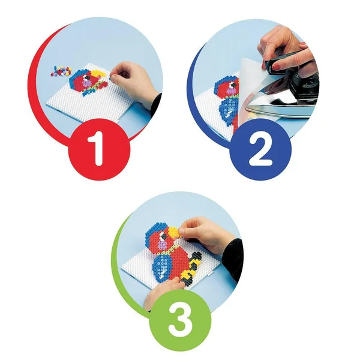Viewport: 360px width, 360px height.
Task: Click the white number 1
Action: pos(97,149)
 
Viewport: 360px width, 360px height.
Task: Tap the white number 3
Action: pos(180,323)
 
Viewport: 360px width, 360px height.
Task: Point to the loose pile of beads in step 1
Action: pos(61,71)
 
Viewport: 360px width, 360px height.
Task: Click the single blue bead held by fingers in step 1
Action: pos(110,79)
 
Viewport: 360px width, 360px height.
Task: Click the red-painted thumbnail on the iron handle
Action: pos(275,67)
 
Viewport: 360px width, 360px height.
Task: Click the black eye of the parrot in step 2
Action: pos(233,85)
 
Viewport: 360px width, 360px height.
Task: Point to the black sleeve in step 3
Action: pos(232,259)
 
